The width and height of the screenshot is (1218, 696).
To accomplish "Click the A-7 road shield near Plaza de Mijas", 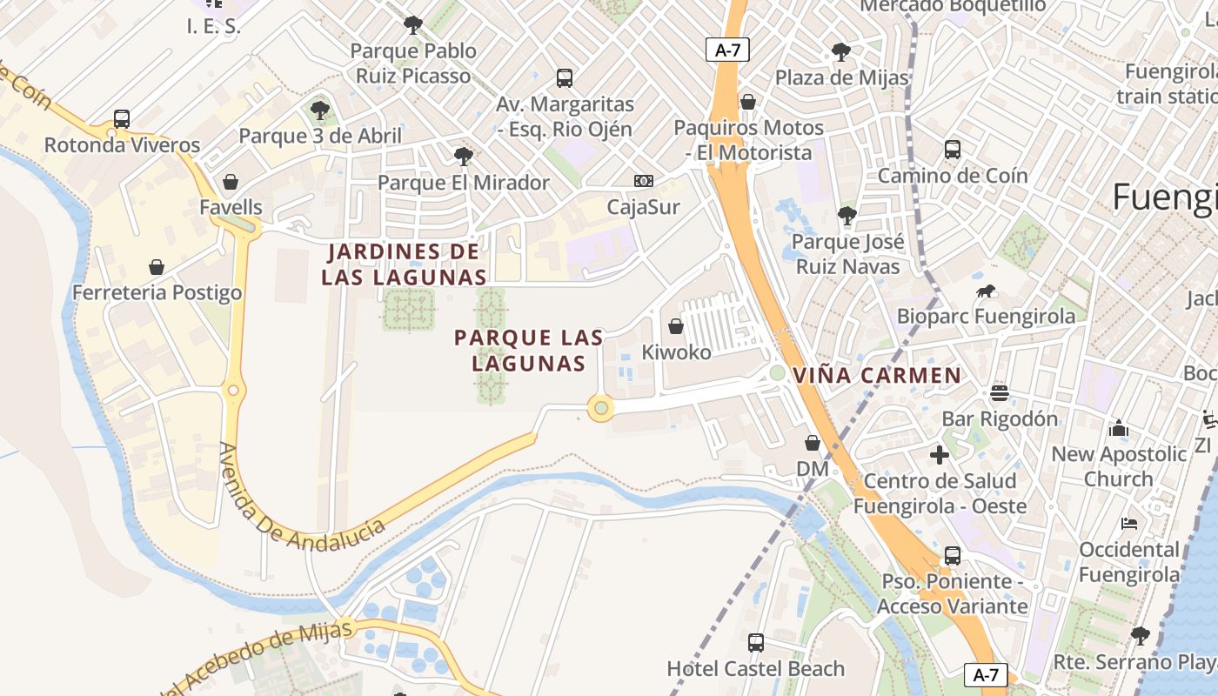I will pyautogui.click(x=727, y=50).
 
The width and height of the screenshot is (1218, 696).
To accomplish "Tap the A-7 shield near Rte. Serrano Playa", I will pyautogui.click(x=986, y=674).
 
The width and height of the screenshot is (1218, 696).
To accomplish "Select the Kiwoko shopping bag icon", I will pyautogui.click(x=676, y=326).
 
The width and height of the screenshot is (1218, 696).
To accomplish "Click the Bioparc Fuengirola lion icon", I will pyautogui.click(x=986, y=291).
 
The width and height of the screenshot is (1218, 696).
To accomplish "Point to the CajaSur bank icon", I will pyautogui.click(x=643, y=181).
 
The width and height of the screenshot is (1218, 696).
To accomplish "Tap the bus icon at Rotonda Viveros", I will pyautogui.click(x=122, y=119).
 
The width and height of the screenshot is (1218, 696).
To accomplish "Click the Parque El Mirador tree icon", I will pyautogui.click(x=463, y=157).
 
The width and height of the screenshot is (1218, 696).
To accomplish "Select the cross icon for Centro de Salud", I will pyautogui.click(x=940, y=454).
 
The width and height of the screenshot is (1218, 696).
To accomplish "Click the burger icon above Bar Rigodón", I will pyautogui.click(x=999, y=393).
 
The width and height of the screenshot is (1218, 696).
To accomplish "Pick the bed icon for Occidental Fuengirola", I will pyautogui.click(x=1129, y=524).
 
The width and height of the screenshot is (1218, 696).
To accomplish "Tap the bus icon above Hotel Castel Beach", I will pyautogui.click(x=755, y=643).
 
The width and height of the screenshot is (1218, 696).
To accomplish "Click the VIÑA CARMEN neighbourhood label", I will pyautogui.click(x=877, y=376).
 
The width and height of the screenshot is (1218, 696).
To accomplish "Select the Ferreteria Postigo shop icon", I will pyautogui.click(x=157, y=266).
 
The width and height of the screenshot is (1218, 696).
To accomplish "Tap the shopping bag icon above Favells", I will pyautogui.click(x=231, y=182).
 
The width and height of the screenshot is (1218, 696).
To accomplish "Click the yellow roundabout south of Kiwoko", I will pyautogui.click(x=600, y=407).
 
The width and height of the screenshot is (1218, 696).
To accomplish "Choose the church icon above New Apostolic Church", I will pyautogui.click(x=1119, y=428).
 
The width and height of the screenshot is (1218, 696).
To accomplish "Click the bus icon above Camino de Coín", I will pyautogui.click(x=952, y=150).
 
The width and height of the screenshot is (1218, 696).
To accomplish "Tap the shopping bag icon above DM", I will pyautogui.click(x=813, y=444).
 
